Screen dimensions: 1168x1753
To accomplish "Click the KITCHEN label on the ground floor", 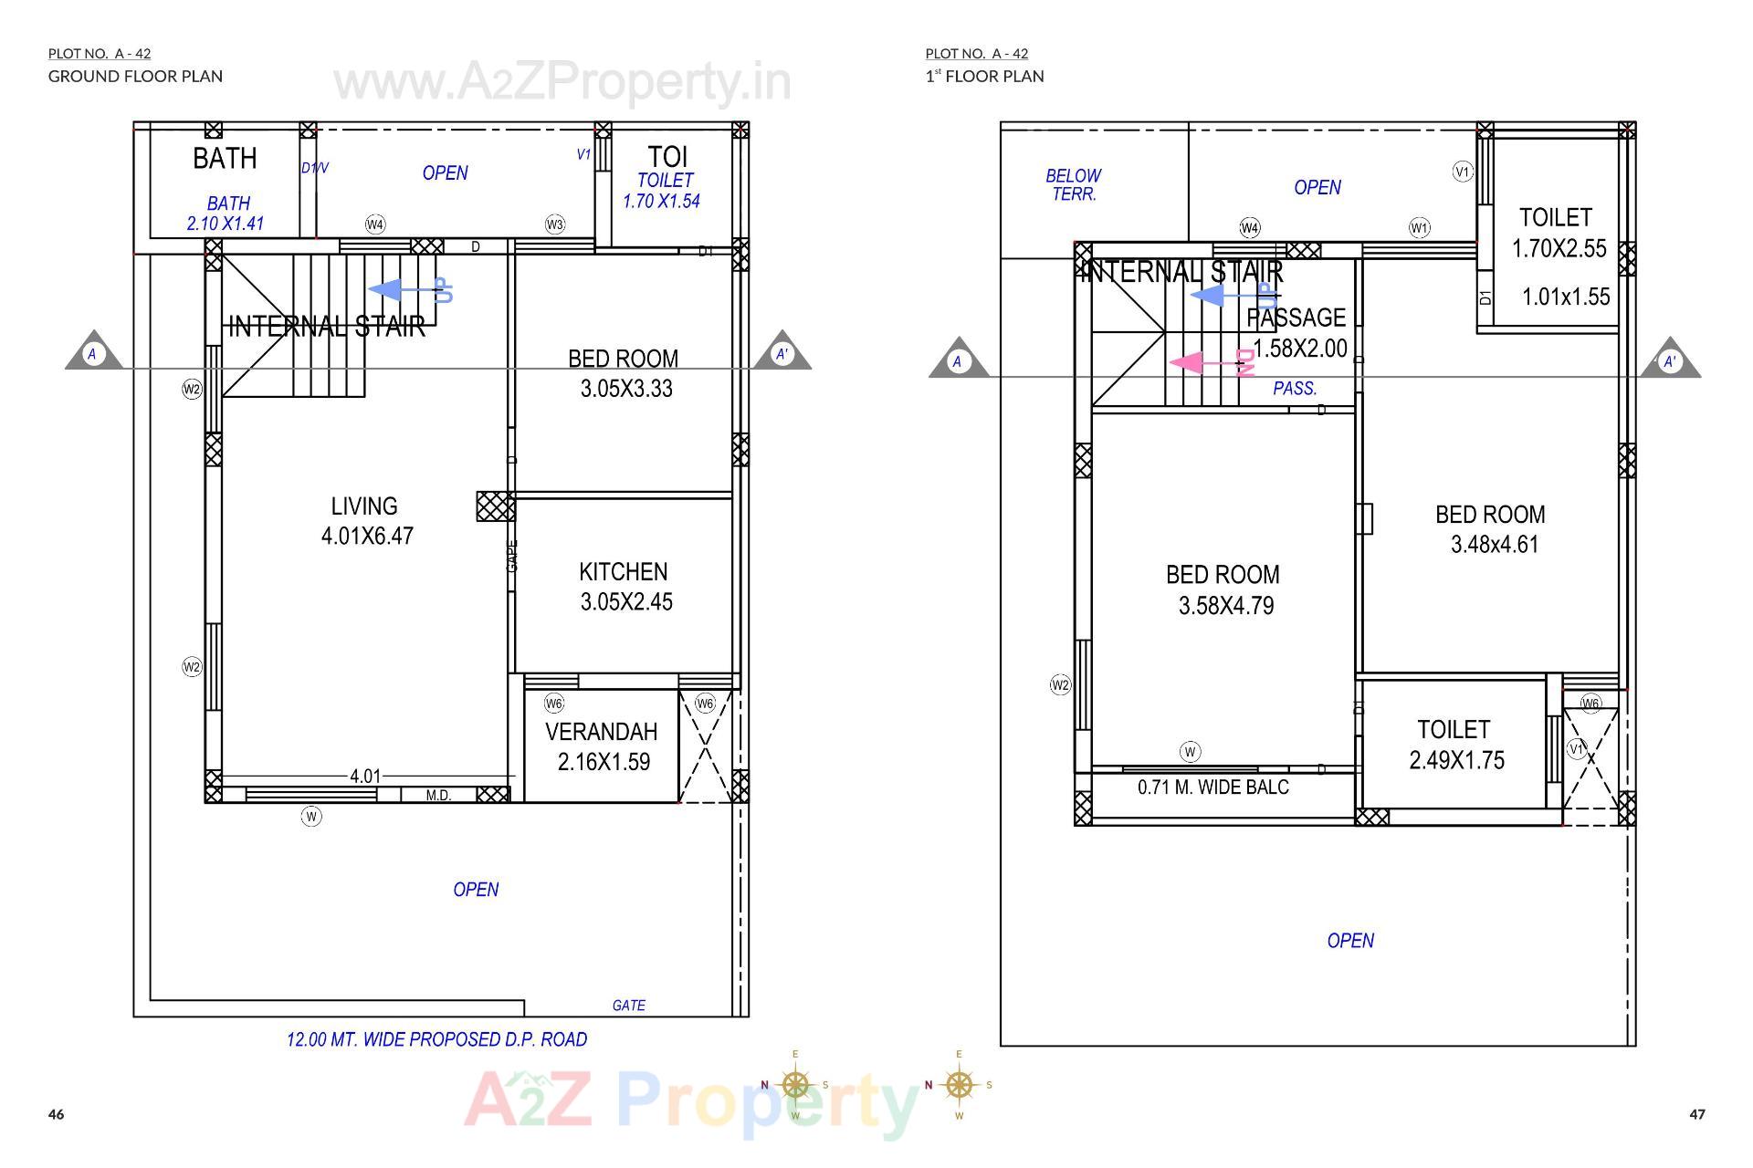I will click(623, 572).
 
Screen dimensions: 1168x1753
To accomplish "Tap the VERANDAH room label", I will click(601, 732).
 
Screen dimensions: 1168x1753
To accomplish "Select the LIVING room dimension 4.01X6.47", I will click(367, 536).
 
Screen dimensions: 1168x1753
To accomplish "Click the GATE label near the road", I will click(628, 1006).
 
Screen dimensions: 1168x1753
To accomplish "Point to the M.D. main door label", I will click(438, 796).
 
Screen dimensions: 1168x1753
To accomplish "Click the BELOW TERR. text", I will click(1074, 184).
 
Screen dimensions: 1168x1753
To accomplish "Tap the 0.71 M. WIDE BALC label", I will click(1212, 787).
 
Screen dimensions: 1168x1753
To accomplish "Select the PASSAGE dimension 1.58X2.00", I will click(1299, 349).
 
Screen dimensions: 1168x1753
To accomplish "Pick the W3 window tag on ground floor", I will click(555, 224).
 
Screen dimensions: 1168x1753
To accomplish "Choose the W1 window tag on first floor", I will click(1419, 227).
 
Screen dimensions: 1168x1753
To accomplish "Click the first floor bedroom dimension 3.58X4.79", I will click(1225, 606).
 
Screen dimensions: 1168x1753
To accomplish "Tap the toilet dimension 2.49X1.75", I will click(1456, 760).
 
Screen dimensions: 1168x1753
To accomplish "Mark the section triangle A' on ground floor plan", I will click(782, 352).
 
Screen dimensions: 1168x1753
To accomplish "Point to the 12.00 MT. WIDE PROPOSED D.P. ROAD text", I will click(436, 1039).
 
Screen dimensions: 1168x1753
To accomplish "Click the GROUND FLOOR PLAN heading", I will click(135, 76).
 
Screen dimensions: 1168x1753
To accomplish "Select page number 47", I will click(1696, 1114).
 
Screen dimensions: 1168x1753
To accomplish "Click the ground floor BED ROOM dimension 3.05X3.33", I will click(626, 389).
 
